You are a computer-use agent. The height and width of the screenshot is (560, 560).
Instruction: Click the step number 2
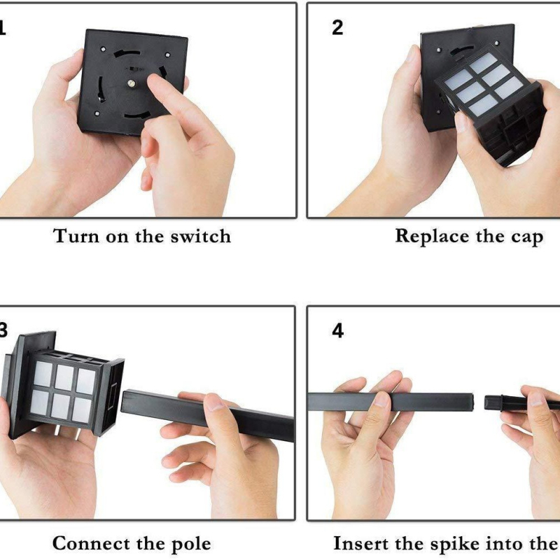point(337,28)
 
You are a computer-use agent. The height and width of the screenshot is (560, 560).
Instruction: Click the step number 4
point(338,330)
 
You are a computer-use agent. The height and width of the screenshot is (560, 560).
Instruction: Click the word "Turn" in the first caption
point(76,237)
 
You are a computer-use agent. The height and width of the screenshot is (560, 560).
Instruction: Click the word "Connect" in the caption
point(91,543)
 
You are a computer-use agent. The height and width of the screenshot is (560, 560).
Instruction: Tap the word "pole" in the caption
point(191,545)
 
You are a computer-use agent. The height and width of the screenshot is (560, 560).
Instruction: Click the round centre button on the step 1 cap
point(131,84)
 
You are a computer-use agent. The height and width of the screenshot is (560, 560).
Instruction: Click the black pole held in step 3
point(208,415)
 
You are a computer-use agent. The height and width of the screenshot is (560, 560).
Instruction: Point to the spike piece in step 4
point(522,402)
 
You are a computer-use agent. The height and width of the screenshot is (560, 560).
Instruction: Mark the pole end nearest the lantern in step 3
point(124,400)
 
